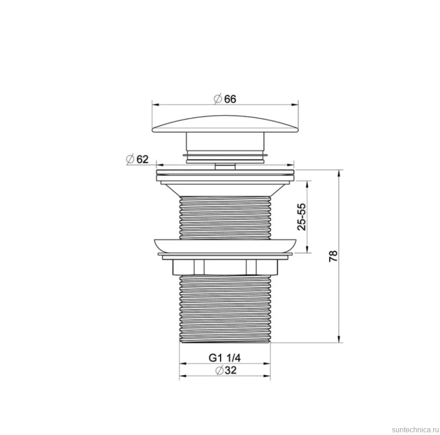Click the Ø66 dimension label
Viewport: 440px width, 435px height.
pyautogui.click(x=225, y=99)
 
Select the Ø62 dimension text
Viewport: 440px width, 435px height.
pyautogui.click(x=137, y=159)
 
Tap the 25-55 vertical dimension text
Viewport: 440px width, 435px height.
pyautogui.click(x=302, y=217)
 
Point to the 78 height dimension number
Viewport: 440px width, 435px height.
pyautogui.click(x=333, y=256)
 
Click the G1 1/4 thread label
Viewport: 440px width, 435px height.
pyautogui.click(x=225, y=358)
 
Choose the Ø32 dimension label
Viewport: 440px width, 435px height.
pyautogui.click(x=226, y=371)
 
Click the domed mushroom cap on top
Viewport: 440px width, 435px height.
pyautogui.click(x=225, y=124)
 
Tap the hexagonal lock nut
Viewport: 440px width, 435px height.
pyautogui.click(x=225, y=267)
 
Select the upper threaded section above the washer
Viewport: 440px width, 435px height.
pyautogui.click(x=225, y=218)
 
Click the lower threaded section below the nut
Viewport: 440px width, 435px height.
pyautogui.click(x=225, y=309)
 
